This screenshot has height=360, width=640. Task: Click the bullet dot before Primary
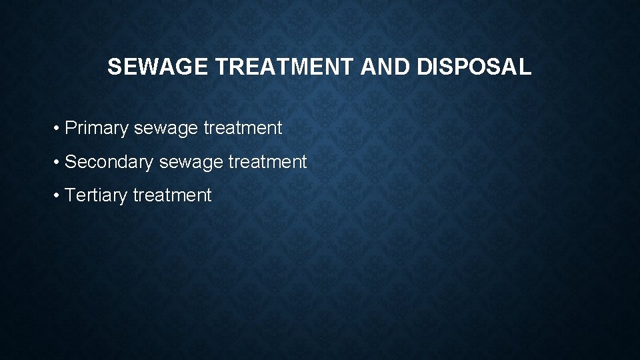pos(59,128)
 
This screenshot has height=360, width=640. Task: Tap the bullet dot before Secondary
pos(59,162)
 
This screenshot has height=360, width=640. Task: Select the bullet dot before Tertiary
pos(59,196)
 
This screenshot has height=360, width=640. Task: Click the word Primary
pos(97,128)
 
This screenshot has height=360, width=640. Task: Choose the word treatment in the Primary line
pos(243,128)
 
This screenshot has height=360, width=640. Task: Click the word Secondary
pos(109,162)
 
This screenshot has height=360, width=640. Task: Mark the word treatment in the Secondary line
pos(267,162)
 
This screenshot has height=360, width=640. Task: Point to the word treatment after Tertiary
pos(172,195)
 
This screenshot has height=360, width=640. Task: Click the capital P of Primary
pos(71,128)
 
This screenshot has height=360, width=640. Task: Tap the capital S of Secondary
pos(71,162)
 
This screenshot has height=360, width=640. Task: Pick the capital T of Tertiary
pos(71,195)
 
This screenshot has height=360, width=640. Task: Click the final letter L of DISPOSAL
pos(525,67)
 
